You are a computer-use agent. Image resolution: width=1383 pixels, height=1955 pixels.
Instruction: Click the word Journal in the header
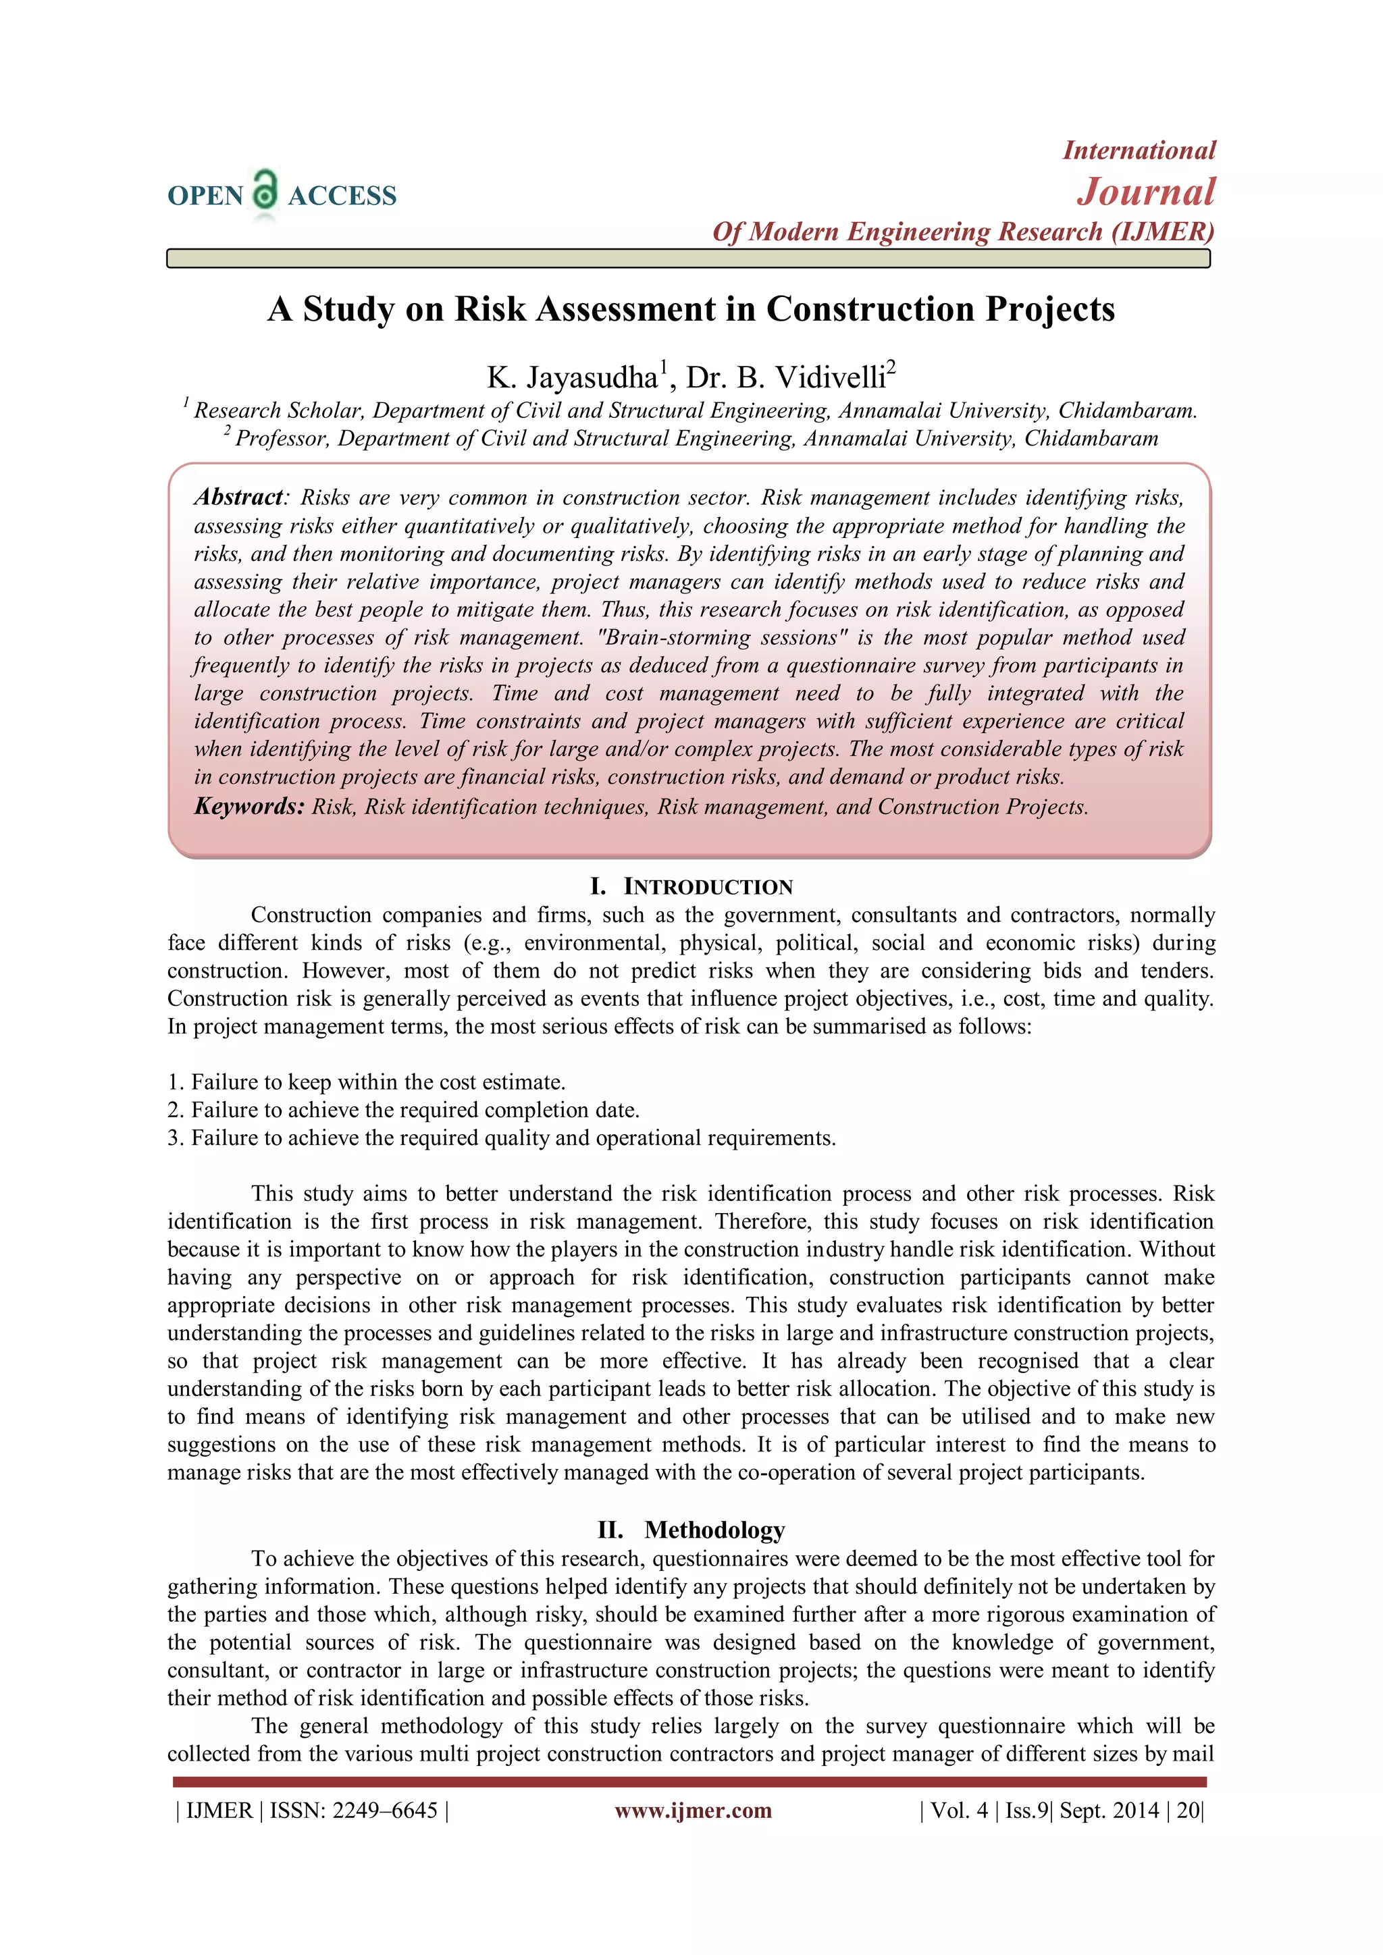coord(1146,192)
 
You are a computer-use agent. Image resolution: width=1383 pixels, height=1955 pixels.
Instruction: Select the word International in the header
coord(1139,151)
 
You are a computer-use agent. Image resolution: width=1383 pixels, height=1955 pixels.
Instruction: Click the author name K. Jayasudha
coord(571,377)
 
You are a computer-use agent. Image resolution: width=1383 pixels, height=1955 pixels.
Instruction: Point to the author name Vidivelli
coord(831,377)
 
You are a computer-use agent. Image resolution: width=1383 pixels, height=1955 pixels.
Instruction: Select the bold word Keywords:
coord(249,806)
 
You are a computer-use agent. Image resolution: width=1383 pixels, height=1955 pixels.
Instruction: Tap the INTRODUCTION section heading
coord(708,887)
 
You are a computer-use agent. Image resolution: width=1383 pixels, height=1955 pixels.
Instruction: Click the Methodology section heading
coord(714,1530)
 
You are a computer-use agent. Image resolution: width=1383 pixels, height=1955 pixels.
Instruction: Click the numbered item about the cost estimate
coord(366,1082)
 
